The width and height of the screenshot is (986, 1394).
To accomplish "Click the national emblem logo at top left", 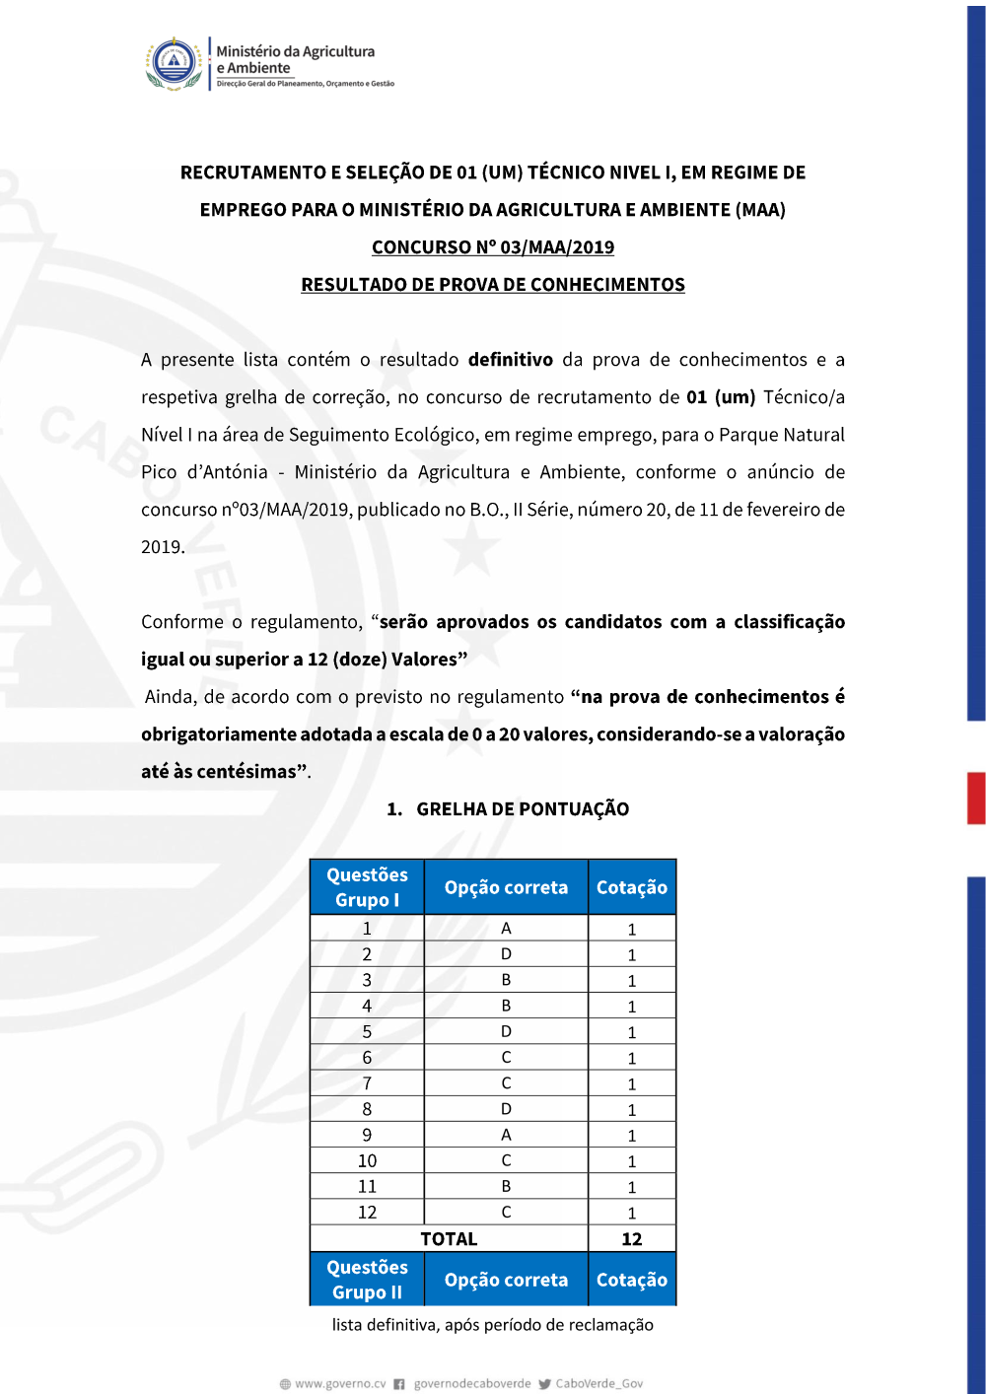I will tap(175, 63).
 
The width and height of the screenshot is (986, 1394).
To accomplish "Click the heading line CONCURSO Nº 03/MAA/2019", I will tap(493, 247).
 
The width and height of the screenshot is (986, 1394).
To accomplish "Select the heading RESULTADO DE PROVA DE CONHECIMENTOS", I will tap(493, 285).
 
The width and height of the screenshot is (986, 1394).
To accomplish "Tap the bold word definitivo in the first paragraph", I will tap(510, 360).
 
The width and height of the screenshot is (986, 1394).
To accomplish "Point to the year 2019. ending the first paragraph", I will tap(163, 547).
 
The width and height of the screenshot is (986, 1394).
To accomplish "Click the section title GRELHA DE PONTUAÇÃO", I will tap(522, 809).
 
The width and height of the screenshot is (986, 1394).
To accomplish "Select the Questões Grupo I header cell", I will tap(367, 887).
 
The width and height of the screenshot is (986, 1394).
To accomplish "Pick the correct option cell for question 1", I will tap(506, 929).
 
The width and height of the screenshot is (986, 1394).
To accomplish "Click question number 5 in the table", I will tap(367, 1032).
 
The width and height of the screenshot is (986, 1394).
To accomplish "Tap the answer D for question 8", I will tap(506, 1109).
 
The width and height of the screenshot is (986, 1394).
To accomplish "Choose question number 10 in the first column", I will tap(367, 1161).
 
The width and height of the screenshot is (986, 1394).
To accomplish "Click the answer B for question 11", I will tap(506, 1187).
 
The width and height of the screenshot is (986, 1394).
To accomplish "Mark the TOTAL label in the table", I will tap(449, 1239).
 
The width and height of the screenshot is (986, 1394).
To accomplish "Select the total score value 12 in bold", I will tap(632, 1239).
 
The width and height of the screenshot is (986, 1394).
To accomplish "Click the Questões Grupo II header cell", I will tap(367, 1280).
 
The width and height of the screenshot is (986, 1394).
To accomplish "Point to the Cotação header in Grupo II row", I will tap(632, 1280).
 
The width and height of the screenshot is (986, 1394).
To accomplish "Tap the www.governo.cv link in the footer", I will tap(340, 1384).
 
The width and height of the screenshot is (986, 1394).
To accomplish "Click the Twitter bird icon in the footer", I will tap(544, 1384).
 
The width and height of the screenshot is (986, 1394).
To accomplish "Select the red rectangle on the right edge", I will tap(976, 799).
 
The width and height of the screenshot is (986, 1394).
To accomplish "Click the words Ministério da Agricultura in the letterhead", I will tap(296, 51).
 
